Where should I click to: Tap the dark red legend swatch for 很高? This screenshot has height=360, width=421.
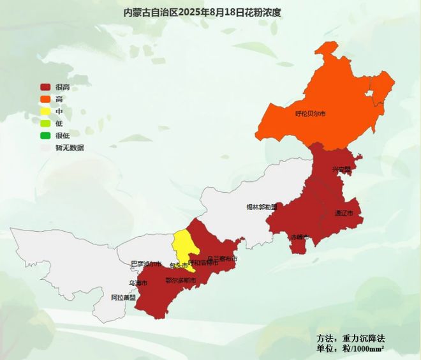[x=46, y=87]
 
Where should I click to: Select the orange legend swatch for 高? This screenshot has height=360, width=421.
[x=46, y=99]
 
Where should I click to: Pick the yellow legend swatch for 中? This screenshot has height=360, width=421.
[x=46, y=111]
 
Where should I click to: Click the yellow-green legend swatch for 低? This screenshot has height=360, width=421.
[x=46, y=123]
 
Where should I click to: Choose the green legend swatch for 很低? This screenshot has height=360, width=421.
[x=46, y=135]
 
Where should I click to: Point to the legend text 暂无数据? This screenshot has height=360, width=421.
[x=70, y=147]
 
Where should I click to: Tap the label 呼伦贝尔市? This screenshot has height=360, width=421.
[x=311, y=114]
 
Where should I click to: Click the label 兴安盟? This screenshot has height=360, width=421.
[x=341, y=170]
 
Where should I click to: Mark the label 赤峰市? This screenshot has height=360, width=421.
[x=299, y=237]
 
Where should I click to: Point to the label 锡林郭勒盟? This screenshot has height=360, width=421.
[x=262, y=207]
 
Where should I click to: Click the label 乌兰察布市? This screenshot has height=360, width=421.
[x=222, y=259]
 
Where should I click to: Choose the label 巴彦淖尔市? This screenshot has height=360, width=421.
[x=146, y=264]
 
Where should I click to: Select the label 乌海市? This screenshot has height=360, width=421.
[x=138, y=283]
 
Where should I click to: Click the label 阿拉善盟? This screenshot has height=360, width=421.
[x=123, y=297]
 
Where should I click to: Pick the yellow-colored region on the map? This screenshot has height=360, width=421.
[x=183, y=246]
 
